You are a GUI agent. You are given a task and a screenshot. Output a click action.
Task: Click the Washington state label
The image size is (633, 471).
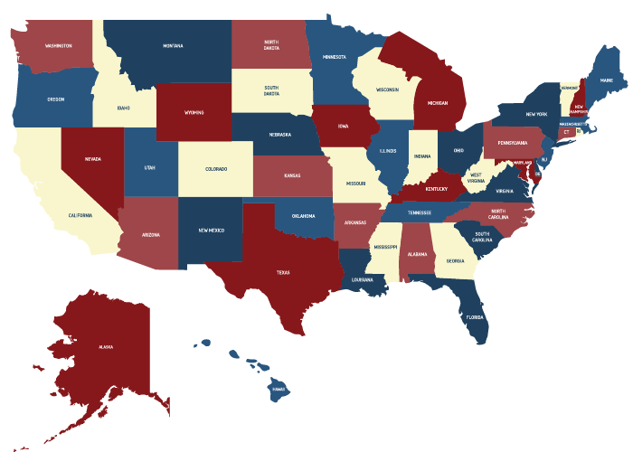point(59,44)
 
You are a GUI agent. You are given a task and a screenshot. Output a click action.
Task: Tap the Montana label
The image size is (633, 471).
point(173,45)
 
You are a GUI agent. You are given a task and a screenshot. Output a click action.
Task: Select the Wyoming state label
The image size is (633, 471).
point(194,113)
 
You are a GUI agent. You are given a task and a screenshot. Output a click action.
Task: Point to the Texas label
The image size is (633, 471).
point(283,271)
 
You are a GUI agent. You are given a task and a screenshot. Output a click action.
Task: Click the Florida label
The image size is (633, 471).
point(475,317)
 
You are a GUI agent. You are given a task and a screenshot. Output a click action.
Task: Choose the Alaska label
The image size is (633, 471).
point(106,346)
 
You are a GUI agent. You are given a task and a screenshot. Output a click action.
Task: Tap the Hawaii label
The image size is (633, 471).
point(279,389)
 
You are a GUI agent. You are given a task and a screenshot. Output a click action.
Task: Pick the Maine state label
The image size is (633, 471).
point(607,80)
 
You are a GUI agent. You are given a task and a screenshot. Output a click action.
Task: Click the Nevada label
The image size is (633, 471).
point(93,158)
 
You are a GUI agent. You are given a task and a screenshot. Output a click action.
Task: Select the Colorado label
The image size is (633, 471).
point(216,168)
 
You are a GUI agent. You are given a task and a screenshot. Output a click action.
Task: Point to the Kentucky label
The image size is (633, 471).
point(437,189)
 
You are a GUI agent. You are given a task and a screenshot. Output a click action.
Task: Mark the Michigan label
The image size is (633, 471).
point(438,103)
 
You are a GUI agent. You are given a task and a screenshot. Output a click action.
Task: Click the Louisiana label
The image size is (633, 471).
point(364,280)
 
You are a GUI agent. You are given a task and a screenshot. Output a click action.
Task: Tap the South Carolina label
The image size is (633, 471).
point(483,237)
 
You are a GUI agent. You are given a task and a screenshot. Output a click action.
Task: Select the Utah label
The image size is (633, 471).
point(150,168)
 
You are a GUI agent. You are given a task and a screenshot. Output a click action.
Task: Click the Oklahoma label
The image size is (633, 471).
point(303,216)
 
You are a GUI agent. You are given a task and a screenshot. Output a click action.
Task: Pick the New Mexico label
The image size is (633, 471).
point(211,231)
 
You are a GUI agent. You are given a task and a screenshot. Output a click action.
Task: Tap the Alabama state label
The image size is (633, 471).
point(417,254)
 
